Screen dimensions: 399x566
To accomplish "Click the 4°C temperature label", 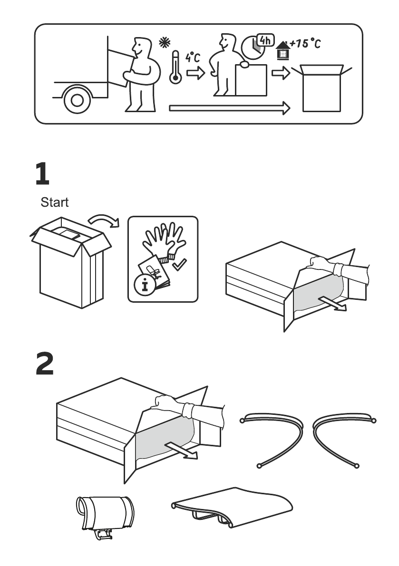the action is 193,58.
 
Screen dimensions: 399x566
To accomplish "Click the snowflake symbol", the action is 163,43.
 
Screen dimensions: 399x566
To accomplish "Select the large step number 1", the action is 42,174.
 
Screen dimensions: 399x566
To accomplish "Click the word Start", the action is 54,203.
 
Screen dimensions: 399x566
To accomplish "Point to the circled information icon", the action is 141,286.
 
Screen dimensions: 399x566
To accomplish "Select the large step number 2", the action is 45,365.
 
